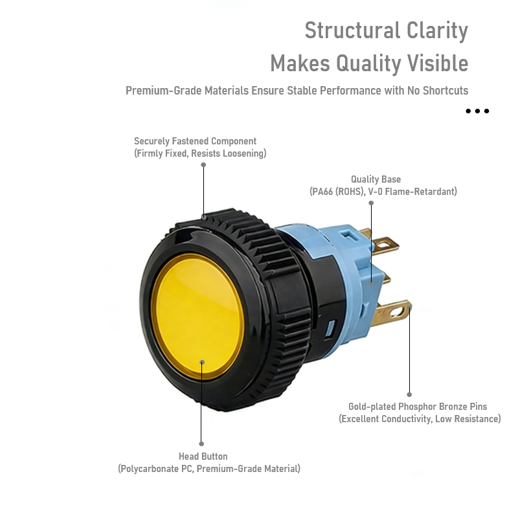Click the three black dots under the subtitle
477,111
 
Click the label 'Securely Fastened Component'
195,141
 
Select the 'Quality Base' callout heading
376,179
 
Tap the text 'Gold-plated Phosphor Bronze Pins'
418,407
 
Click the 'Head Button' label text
203,456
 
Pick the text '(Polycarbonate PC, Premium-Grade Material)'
209,469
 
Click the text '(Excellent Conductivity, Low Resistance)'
420,419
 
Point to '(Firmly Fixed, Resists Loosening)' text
200,153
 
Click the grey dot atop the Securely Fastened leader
203,164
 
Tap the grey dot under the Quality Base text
371,203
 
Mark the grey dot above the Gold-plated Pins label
409,394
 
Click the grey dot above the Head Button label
202,444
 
